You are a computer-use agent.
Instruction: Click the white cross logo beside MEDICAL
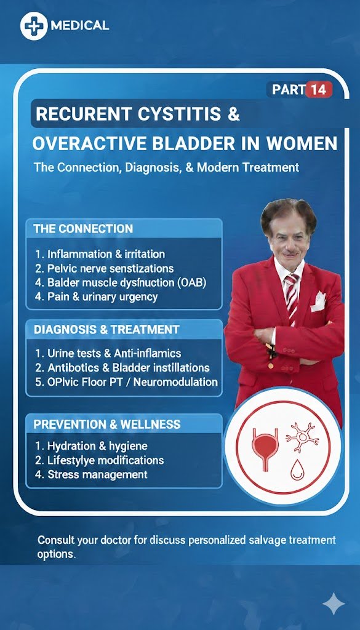pyautogui.click(x=34, y=26)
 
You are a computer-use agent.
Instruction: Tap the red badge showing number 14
pyautogui.click(x=319, y=89)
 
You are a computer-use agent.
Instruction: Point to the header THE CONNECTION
pyautogui.click(x=83, y=229)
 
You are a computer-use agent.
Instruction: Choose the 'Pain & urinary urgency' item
pyautogui.click(x=97, y=297)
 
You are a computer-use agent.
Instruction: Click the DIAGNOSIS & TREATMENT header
pyautogui.click(x=106, y=330)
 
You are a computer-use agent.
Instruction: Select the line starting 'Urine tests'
pyautogui.click(x=108, y=353)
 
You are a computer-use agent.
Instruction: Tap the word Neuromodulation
pyautogui.click(x=175, y=381)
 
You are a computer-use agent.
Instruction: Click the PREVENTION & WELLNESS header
pyautogui.click(x=107, y=425)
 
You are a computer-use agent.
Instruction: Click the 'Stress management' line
pyautogui.click(x=91, y=474)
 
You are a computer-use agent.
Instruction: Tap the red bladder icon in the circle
pyautogui.click(x=265, y=449)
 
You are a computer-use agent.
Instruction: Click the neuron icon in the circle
pyautogui.click(x=302, y=437)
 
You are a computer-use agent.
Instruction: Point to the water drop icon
pyautogui.click(x=297, y=470)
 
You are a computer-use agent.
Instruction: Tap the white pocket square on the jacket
pyautogui.click(x=319, y=301)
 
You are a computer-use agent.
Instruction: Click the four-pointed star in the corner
pyautogui.click(x=334, y=604)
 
